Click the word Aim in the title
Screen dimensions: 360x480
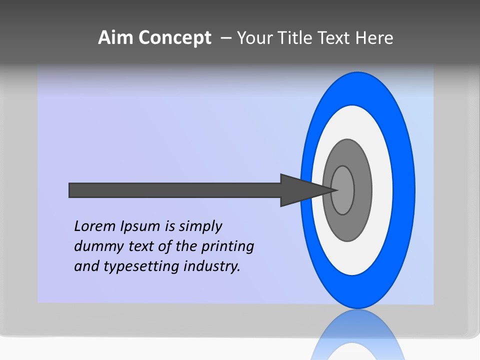115,38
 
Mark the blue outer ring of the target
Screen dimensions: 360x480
405,190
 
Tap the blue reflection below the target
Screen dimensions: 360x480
357,335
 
